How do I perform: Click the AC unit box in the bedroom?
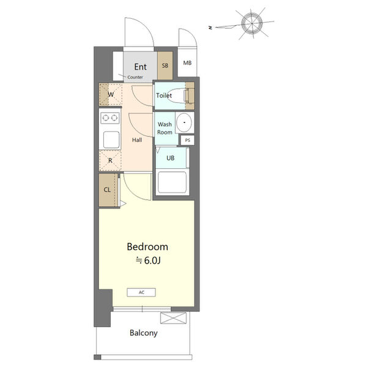click(141, 292)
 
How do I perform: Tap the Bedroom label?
click(147, 247)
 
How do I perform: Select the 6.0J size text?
click(152, 261)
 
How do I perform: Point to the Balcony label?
click(144, 333)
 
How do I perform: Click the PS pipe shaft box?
click(188, 140)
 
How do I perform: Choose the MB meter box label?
click(187, 63)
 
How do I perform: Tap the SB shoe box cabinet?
click(165, 65)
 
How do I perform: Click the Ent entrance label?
click(141, 67)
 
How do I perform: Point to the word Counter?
click(135, 77)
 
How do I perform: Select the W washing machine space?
click(111, 94)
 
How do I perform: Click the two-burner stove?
click(110, 117)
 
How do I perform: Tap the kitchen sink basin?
click(111, 139)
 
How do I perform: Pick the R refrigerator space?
click(110, 160)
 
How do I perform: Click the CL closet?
click(108, 190)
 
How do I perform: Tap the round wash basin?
click(184, 122)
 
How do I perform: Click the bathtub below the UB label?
click(172, 182)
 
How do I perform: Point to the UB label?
click(171, 158)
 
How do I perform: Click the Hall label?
click(137, 140)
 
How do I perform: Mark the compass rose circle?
click(252, 23)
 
